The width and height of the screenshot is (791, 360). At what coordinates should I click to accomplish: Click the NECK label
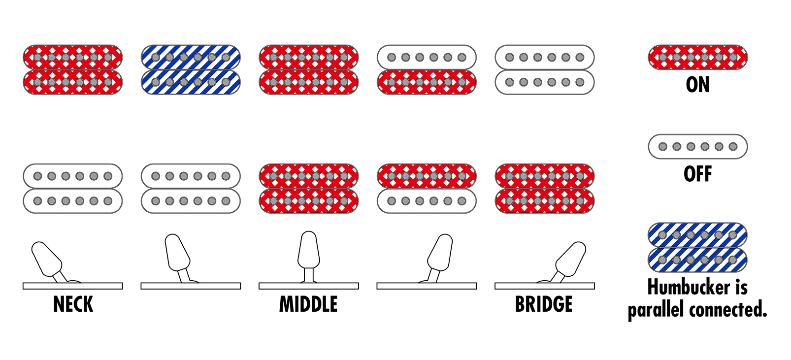click(73, 304)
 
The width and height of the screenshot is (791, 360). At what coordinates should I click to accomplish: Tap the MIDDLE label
click(308, 304)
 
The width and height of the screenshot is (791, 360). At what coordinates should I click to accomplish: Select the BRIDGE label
click(544, 304)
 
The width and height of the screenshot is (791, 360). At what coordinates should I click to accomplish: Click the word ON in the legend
click(697, 85)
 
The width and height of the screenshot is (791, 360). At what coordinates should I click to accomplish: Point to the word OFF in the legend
click(697, 174)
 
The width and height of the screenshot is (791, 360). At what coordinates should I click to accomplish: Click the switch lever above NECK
click(47, 259)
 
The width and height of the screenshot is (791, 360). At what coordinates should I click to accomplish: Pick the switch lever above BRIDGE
click(570, 259)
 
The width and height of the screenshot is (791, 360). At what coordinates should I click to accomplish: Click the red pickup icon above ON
click(697, 58)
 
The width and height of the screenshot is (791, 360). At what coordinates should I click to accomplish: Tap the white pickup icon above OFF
click(697, 147)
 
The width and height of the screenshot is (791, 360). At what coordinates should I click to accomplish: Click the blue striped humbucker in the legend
click(697, 247)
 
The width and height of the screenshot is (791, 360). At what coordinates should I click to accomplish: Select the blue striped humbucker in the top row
click(191, 69)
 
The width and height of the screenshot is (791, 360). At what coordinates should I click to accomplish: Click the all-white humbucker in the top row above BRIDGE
click(544, 69)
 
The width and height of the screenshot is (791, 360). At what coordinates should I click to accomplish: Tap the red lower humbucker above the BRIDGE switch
click(544, 189)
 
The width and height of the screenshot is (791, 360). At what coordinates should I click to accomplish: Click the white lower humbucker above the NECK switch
click(73, 189)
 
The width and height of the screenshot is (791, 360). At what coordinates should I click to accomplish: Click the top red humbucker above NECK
click(73, 69)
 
